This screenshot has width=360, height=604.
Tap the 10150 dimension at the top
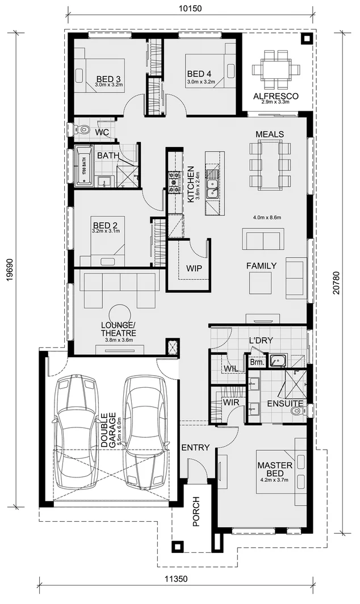click(191, 8)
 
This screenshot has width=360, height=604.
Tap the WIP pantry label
click(194, 269)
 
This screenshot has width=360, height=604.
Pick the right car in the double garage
click(146, 431)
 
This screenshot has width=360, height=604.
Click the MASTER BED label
click(275, 469)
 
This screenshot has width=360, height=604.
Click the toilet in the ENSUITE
click(296, 410)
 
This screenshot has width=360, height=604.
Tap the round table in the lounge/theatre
click(120, 314)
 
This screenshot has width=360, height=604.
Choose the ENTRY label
click(195, 447)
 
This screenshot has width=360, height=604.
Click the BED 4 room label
click(199, 74)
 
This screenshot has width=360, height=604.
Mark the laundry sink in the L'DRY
click(278, 359)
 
